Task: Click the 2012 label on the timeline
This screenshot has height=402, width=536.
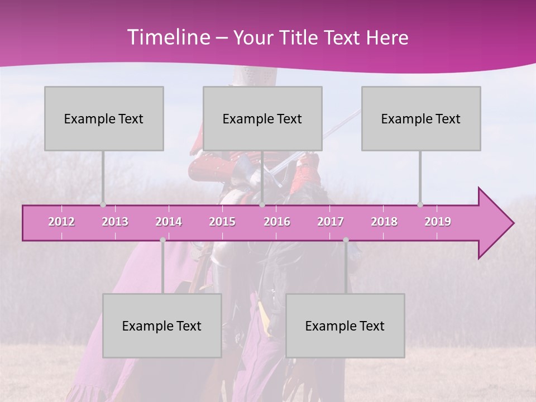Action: coord(61,222)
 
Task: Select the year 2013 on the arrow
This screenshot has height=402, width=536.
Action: coord(115,222)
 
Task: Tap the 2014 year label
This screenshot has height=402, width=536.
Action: coord(169,222)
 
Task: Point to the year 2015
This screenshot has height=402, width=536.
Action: coord(222,222)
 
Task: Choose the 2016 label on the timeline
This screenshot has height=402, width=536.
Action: coord(277,222)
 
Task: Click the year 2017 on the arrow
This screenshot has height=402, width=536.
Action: coord(331,222)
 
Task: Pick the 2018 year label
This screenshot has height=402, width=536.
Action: coord(384,222)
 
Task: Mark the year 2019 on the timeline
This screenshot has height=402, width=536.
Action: coord(438,222)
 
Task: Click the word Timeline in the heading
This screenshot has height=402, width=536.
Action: coord(167,37)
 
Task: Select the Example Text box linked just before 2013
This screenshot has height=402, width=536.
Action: coord(104,118)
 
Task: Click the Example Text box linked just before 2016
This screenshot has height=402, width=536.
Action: coord(262,118)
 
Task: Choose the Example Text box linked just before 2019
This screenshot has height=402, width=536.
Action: coord(421,118)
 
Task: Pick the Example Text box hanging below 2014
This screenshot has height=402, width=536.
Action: coord(162,326)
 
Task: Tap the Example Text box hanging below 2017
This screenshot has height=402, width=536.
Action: coord(345,326)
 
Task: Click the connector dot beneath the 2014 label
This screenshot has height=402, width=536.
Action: coord(162,240)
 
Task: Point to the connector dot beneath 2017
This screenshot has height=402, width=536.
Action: coord(346,240)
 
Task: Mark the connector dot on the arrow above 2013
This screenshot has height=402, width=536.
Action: coord(103,205)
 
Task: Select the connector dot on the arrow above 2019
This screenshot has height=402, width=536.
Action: coord(420,205)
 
